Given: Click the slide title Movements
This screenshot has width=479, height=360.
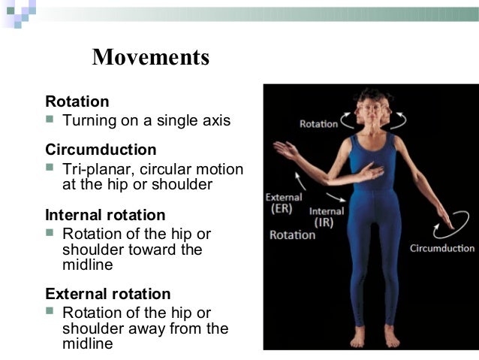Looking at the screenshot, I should point(150,57).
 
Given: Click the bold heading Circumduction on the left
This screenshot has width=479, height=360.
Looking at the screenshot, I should point(101,150).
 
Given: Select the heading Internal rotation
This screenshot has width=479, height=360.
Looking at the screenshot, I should point(105,215).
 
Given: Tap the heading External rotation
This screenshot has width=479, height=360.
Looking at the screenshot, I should point(108,294).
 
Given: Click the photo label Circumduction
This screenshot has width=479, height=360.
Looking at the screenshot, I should point(442,248).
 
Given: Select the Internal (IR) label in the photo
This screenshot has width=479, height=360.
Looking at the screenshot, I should point(327,216).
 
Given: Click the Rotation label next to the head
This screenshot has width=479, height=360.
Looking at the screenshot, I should point(318,123).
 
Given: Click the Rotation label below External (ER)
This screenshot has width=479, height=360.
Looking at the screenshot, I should point(293,234).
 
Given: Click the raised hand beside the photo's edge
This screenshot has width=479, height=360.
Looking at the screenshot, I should point(285,148).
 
